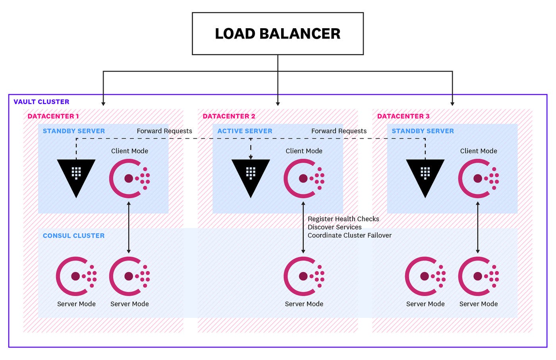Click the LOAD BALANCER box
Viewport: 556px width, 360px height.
pos(278,34)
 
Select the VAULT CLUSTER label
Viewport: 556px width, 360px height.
pos(41,102)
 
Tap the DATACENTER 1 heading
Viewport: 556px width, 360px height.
pos(53,116)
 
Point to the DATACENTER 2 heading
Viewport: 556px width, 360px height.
pos(229,116)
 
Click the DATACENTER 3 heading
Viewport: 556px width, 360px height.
pos(403,116)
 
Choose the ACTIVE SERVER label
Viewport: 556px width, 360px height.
pos(245,131)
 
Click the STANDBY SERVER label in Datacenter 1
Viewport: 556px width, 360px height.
pos(74,131)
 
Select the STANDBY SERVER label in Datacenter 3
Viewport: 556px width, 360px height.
pos(423,131)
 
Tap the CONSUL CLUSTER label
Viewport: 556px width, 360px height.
pos(74,236)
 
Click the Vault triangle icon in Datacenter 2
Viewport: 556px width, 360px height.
pos(251,175)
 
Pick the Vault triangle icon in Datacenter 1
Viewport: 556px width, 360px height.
pos(76,175)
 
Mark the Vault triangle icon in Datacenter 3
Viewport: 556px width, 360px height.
pos(425,175)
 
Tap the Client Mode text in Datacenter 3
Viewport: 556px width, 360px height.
pos(479,151)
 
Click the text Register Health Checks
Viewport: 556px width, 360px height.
pos(343,219)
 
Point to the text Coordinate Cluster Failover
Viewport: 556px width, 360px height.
pos(349,235)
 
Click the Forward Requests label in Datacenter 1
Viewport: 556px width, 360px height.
pos(164,131)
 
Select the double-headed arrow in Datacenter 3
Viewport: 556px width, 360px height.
pos(478,227)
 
